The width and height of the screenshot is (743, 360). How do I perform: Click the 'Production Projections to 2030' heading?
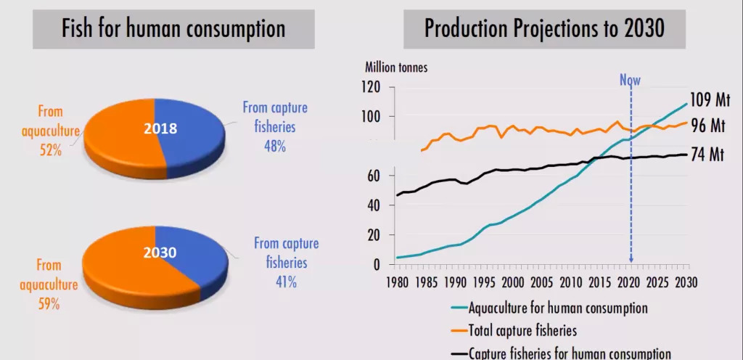[544, 30]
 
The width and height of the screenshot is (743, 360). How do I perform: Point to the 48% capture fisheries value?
[275, 146]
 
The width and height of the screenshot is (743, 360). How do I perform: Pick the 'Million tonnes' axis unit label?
[396, 67]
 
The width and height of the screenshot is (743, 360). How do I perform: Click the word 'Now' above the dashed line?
[630, 80]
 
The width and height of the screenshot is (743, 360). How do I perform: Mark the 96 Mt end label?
[708, 125]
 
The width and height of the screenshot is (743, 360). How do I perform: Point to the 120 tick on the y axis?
[370, 88]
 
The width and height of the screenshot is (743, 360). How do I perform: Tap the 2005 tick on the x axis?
[542, 282]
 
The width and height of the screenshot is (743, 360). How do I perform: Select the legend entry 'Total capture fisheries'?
[522, 331]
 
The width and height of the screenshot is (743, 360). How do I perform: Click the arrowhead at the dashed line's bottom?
[631, 259]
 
